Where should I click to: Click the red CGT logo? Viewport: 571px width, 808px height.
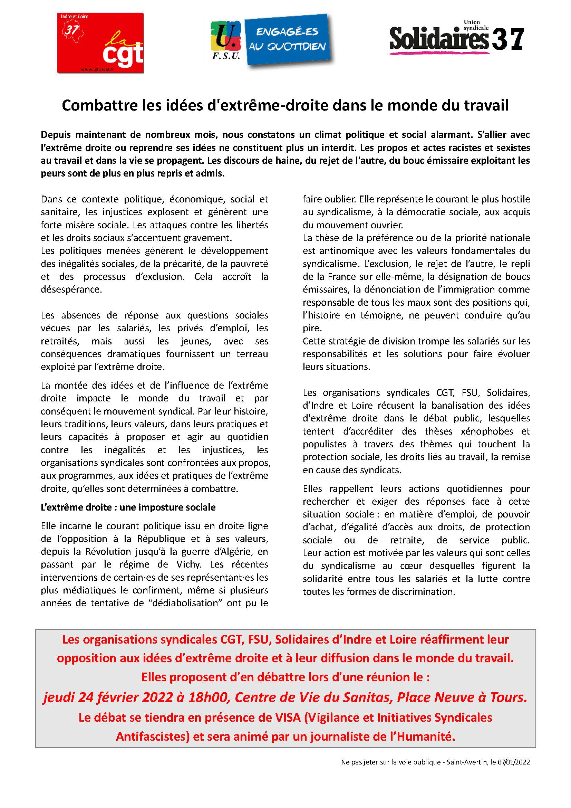pos(100,43)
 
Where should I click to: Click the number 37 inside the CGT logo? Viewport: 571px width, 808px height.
pos(71,30)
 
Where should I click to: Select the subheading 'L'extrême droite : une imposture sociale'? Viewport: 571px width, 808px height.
pos(128,507)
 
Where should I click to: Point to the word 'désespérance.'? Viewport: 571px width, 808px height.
pos(71,289)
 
